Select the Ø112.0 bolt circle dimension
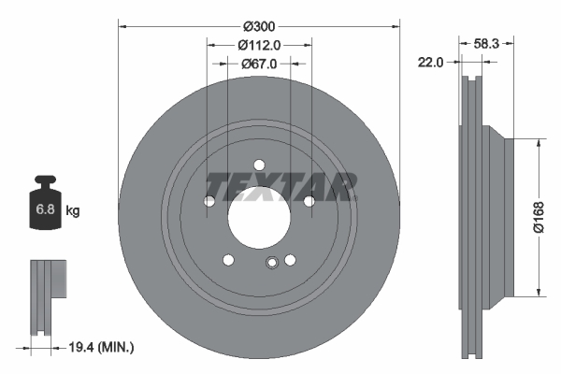259,45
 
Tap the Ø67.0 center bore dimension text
259,64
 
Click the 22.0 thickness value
430,62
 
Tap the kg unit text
73,211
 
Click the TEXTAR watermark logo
281,187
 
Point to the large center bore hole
259,216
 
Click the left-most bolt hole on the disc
209,201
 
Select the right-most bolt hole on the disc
309,200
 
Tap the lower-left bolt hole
228,260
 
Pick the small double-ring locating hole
271,263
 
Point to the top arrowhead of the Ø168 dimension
539,143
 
